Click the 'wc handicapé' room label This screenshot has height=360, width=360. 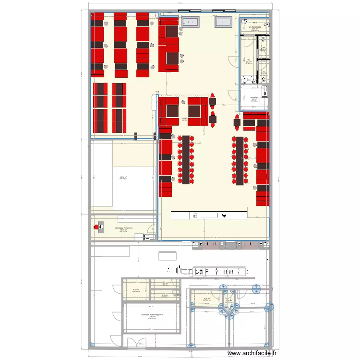point(254,27)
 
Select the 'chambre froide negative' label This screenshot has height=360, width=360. point(152,315)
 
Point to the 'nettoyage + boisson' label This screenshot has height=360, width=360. point(123,228)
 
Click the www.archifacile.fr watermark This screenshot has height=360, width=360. point(252,353)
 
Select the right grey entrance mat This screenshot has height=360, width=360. point(223,22)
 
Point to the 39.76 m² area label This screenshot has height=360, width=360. point(123,178)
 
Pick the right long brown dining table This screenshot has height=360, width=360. point(240,160)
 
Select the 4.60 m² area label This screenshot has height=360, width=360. point(136,290)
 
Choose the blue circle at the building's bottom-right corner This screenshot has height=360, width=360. point(268,344)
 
